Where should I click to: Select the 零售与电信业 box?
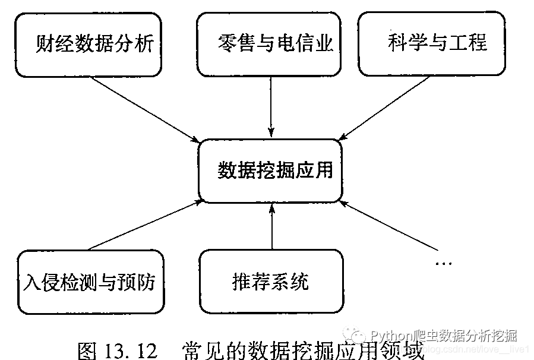[x=271, y=45]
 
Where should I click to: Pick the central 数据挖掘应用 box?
[x=271, y=171]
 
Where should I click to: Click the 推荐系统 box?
[x=271, y=281]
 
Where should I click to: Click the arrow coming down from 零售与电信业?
[x=271, y=107]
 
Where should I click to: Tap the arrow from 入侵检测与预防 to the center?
[x=146, y=225]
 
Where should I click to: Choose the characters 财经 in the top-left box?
[x=54, y=45]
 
